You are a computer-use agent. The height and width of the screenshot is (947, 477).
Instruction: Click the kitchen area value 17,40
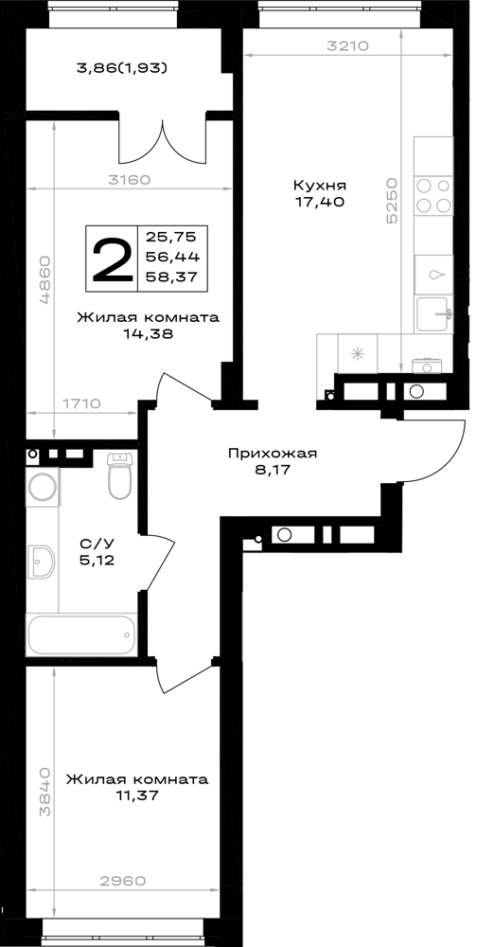pos(319,203)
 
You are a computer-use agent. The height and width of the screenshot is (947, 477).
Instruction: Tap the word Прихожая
pos(273,454)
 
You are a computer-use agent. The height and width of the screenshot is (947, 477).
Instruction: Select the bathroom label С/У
pos(97,544)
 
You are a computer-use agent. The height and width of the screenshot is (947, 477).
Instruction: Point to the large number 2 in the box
pos(112,259)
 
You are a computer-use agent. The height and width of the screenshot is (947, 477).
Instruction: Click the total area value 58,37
pos(172,277)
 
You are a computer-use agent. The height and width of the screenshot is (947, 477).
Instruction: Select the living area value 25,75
pos(172,237)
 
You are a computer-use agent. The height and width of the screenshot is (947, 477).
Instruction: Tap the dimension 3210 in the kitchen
pos(347,45)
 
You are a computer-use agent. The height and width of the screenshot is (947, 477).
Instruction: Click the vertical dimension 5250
pos(393,202)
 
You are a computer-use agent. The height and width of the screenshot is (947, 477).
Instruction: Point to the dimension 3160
pos(129,179)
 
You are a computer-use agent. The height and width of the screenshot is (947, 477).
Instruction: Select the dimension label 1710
pos(80,403)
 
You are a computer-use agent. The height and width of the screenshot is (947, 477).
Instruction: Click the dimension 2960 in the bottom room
pos(123,881)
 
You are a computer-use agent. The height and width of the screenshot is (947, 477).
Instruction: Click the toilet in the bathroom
pos(119,476)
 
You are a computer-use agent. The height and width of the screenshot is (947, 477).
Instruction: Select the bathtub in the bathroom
pos(81,634)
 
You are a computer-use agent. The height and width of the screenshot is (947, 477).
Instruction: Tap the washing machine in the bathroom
pos(44,488)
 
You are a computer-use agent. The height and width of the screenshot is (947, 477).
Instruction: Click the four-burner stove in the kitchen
pos(433,195)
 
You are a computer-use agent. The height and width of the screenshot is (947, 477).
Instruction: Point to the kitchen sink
pos(432,313)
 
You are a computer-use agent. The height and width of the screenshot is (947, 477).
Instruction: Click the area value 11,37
pos(137,796)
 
